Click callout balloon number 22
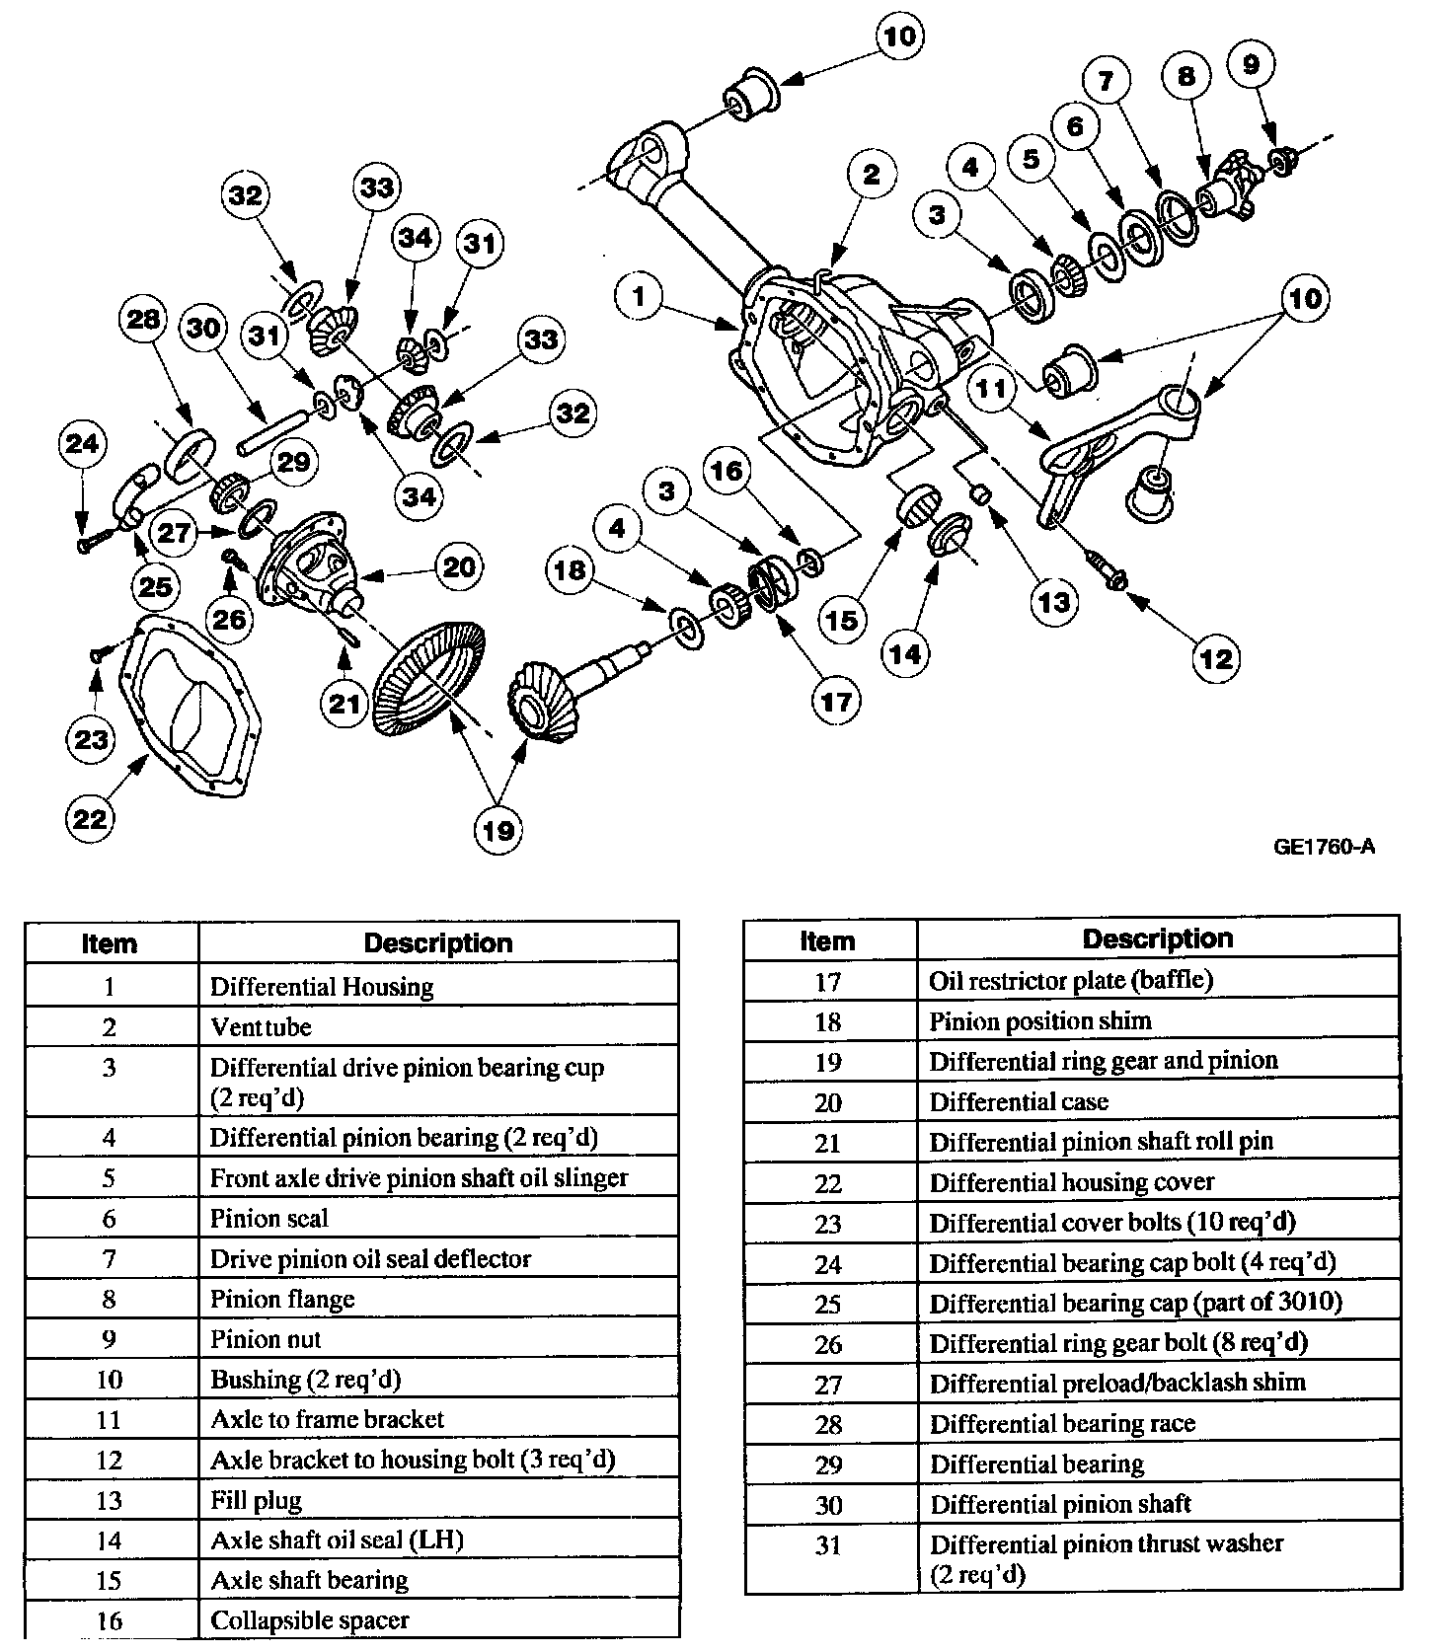[x=91, y=818]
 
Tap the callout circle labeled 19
[x=498, y=830]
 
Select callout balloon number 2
[x=871, y=176]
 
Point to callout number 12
[x=1216, y=658]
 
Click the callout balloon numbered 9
[x=1251, y=65]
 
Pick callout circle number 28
[x=143, y=320]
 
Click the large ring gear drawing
[x=428, y=680]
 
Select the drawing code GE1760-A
[x=1324, y=846]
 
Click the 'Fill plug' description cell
[x=438, y=1500]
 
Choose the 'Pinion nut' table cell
[x=438, y=1339]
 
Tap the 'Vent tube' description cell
[x=438, y=1026]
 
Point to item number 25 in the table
[x=828, y=1304]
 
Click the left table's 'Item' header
[x=110, y=943]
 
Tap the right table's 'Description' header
[x=1157, y=939]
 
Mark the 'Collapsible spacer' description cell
[x=438, y=1620]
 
